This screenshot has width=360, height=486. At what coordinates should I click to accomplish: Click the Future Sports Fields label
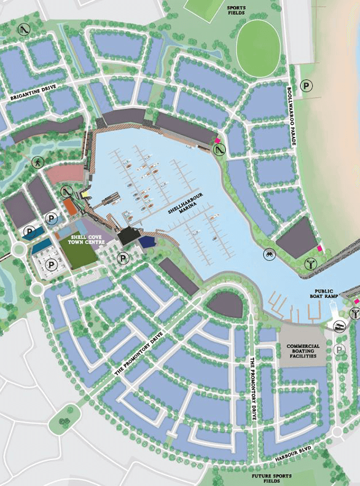click(267, 478)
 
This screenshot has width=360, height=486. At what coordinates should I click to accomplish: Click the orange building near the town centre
click(71, 207)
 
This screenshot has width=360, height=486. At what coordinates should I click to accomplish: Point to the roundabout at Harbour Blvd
click(337, 432)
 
